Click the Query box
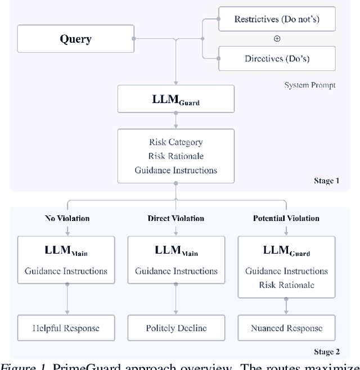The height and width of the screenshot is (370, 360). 76,39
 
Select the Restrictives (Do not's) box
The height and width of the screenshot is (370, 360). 276,19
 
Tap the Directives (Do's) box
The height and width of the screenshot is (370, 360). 276,58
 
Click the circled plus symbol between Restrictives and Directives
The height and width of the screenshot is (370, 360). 277,39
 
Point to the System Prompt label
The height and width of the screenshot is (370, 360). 310,85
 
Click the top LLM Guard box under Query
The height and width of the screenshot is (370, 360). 175,99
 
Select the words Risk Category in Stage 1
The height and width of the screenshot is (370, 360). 175,142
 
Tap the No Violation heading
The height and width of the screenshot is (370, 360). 67,218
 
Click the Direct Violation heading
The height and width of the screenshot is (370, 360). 175,218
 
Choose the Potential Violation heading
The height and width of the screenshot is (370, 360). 286,218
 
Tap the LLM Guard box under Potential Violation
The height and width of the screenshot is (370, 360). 286,266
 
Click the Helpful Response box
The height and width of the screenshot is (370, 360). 66,328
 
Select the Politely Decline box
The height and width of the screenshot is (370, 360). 175,328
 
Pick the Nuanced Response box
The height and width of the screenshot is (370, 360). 286,328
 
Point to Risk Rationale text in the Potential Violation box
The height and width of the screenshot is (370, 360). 286,285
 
